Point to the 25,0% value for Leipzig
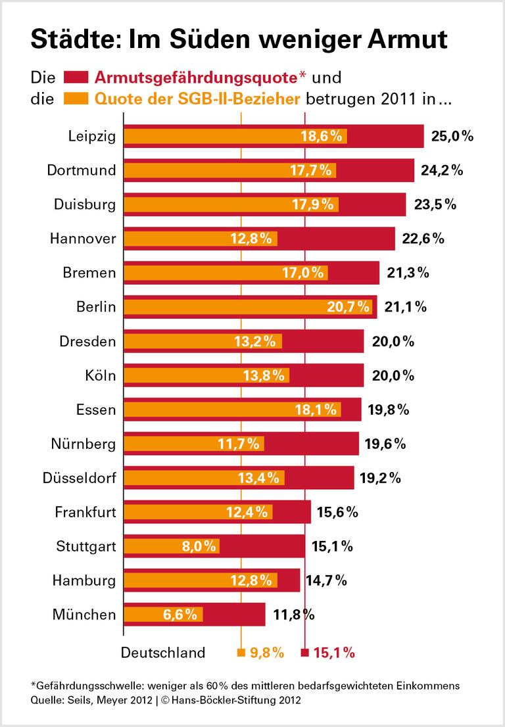[x=452, y=136]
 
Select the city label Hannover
[x=83, y=239]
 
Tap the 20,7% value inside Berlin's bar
[x=348, y=306]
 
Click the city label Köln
[x=100, y=375]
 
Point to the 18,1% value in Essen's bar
[x=317, y=410]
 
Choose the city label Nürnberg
[x=83, y=444]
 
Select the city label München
[x=85, y=615]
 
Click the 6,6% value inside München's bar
[x=180, y=615]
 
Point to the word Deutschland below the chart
[x=162, y=653]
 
